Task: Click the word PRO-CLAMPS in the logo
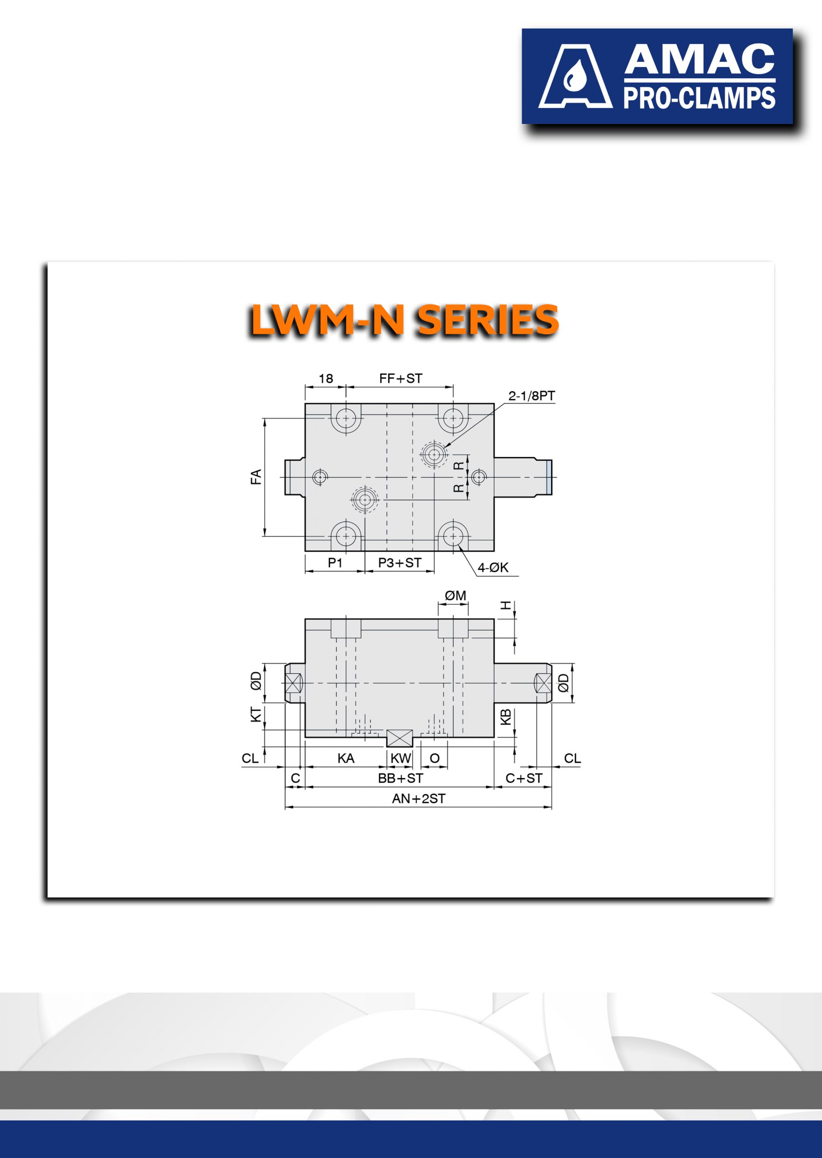coord(699,98)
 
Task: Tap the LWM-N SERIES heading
coord(404,320)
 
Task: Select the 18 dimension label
coord(325,379)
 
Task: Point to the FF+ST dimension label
coord(400,379)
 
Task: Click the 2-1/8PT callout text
coord(531,396)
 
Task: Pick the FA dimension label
coord(256,477)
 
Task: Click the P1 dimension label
coord(335,562)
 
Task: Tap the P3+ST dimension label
coord(399,562)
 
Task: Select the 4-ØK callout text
coord(493,567)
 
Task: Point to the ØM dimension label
coord(455,596)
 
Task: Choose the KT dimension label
coord(256,714)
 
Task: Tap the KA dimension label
coord(346,758)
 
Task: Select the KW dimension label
coord(400,758)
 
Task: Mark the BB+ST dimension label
coord(400,778)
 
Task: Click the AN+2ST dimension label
coord(418,799)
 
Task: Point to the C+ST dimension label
coord(523,778)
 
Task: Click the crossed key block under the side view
coord(399,738)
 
